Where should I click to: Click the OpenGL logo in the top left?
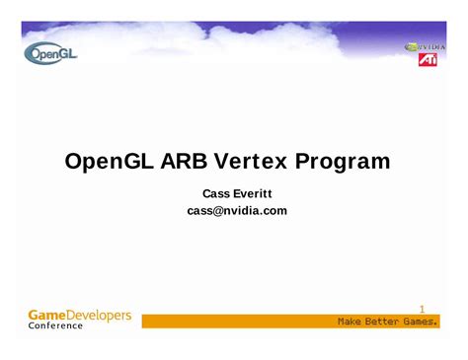(52, 54)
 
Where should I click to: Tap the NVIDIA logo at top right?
(425, 45)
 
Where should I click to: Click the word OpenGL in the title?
(109, 161)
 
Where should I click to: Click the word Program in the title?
(347, 161)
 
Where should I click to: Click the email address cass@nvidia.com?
(237, 211)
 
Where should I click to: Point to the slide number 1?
(422, 309)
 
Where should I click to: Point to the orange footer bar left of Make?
(237, 322)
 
